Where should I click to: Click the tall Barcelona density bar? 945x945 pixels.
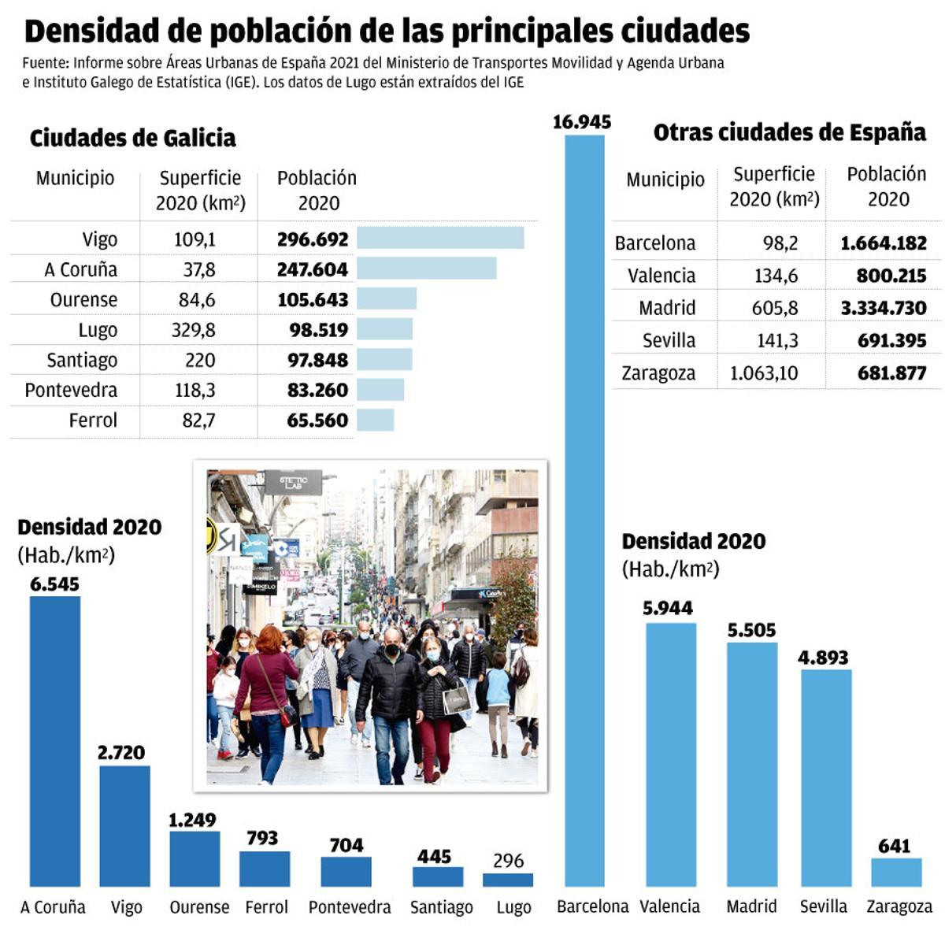tap(584, 512)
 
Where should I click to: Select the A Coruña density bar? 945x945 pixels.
tap(55, 740)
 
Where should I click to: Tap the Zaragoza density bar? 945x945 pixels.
tap(896, 872)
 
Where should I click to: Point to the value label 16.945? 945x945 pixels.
tap(582, 122)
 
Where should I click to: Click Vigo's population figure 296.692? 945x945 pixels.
tap(313, 239)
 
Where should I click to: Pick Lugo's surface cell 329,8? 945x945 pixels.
tap(194, 330)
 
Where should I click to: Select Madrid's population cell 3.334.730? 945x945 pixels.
tap(884, 308)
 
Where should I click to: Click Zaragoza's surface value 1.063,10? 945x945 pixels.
tap(764, 373)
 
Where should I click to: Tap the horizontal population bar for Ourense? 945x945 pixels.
tap(387, 299)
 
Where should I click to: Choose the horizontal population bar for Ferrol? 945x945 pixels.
tap(376, 420)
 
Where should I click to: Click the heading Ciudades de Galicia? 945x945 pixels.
tap(132, 139)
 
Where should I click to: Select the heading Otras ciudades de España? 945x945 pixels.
tap(790, 132)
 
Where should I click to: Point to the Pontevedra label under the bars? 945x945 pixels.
tap(350, 907)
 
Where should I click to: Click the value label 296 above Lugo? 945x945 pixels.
tap(508, 861)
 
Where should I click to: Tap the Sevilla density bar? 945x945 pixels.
tap(826, 777)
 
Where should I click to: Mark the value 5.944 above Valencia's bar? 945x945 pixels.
tap(668, 608)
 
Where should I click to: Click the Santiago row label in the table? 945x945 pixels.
tap(82, 360)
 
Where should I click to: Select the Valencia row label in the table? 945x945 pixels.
tap(661, 276)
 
